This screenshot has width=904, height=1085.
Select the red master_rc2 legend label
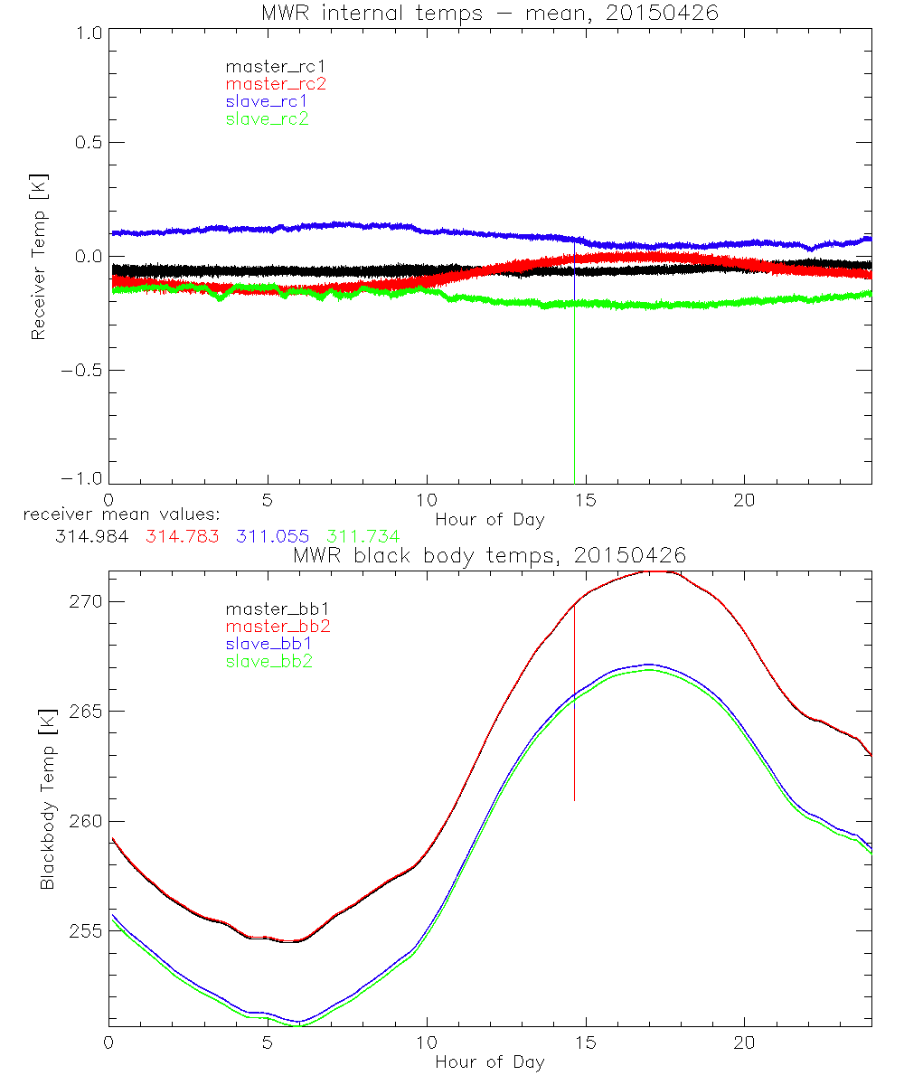coord(276,84)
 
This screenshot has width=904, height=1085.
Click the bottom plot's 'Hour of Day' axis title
coord(489,1061)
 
